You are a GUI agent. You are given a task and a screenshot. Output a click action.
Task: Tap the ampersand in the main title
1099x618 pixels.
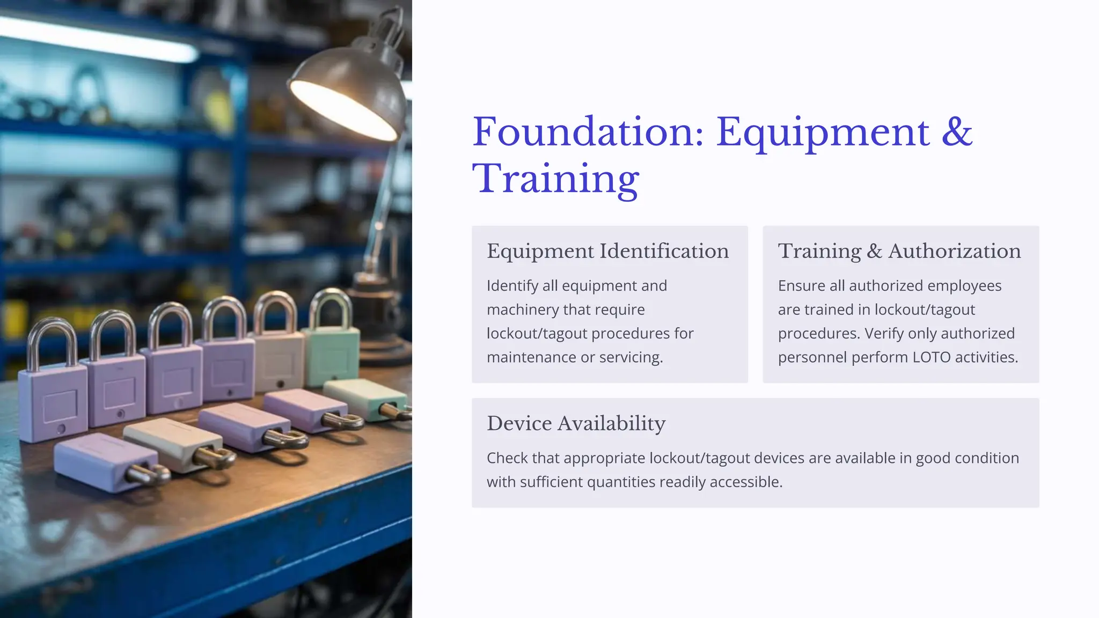(x=957, y=132)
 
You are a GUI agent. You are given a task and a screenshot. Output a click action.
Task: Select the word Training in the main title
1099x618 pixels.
(x=555, y=179)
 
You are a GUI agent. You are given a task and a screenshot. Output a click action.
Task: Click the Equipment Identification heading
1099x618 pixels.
(x=607, y=251)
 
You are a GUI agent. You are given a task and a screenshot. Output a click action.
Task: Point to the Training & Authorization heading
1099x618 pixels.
(x=899, y=251)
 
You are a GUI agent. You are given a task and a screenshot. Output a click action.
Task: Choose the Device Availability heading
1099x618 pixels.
(x=576, y=423)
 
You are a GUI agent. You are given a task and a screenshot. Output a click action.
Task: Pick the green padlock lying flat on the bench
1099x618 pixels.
(x=365, y=398)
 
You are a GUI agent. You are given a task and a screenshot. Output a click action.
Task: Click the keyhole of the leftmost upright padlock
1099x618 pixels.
(x=61, y=429)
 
